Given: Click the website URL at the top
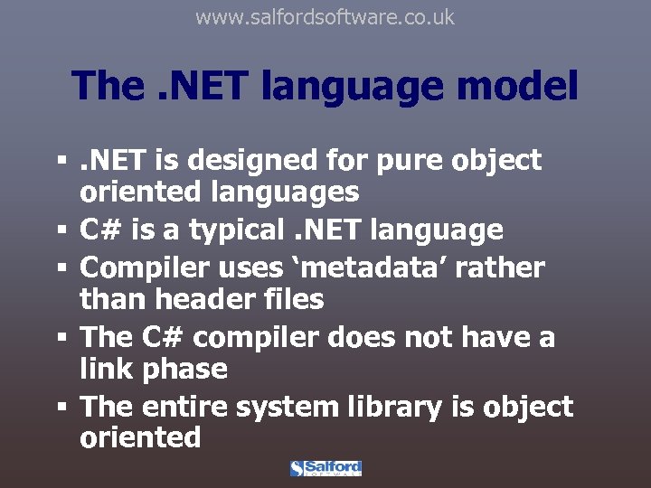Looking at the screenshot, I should [325, 17].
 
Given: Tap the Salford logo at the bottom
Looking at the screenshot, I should [325, 468].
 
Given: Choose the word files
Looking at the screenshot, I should [288, 298].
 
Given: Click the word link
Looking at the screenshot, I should [106, 369].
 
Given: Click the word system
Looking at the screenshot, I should [288, 407].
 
